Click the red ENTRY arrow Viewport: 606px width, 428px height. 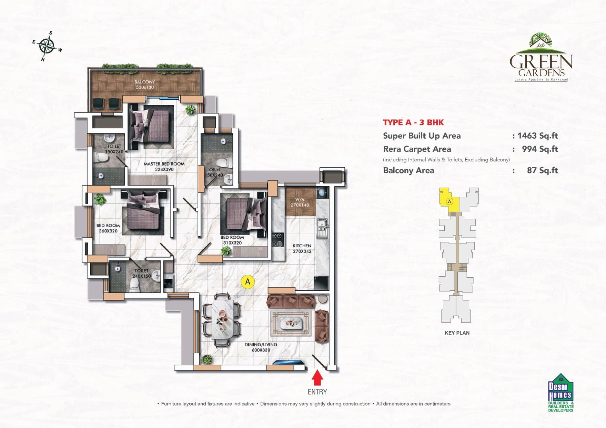[x=317, y=378]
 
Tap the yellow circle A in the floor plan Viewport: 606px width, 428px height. [x=248, y=282]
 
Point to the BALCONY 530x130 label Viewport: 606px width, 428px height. [x=145, y=84]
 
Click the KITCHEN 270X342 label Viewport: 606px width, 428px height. [x=302, y=248]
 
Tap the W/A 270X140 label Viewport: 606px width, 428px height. [x=300, y=202]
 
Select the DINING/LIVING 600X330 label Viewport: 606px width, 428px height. [x=261, y=347]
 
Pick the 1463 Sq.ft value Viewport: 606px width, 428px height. [x=537, y=136]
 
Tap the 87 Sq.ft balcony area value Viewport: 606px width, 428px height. [x=542, y=170]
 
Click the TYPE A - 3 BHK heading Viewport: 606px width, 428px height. [x=413, y=122]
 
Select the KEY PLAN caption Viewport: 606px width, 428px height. [x=457, y=333]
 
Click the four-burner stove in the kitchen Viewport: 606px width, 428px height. [x=277, y=240]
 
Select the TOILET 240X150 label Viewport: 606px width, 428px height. [x=142, y=273]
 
